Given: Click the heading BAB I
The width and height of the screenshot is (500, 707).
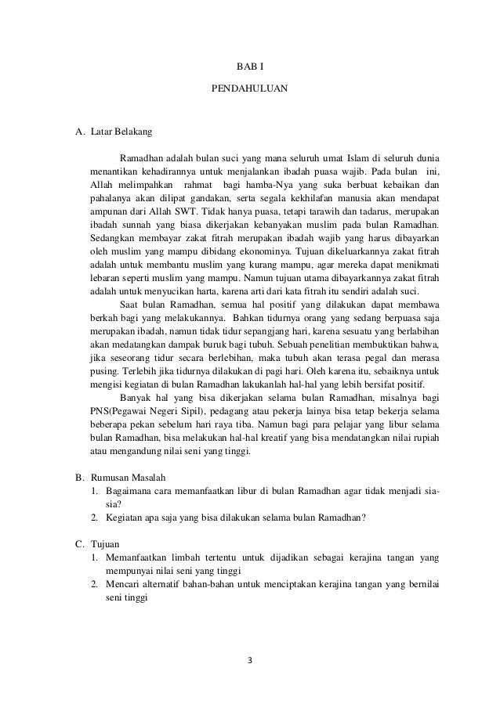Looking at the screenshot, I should [x=250, y=68].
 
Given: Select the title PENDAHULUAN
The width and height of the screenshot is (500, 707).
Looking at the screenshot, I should [x=250, y=90].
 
